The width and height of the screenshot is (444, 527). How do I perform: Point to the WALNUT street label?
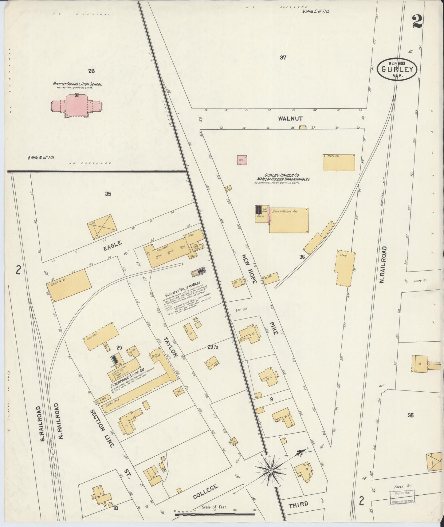[x=290, y=118]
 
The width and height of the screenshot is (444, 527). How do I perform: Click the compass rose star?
[x=271, y=471]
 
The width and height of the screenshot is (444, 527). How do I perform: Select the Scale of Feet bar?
[x=214, y=513]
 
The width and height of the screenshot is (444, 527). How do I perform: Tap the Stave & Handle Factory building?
[x=289, y=220]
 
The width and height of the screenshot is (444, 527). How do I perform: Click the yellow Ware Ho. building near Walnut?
[x=339, y=162]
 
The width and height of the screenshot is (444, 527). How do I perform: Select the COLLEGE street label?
[x=206, y=492]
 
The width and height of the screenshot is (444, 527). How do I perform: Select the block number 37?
[x=283, y=57]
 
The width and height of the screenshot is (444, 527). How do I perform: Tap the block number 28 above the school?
[x=91, y=71]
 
